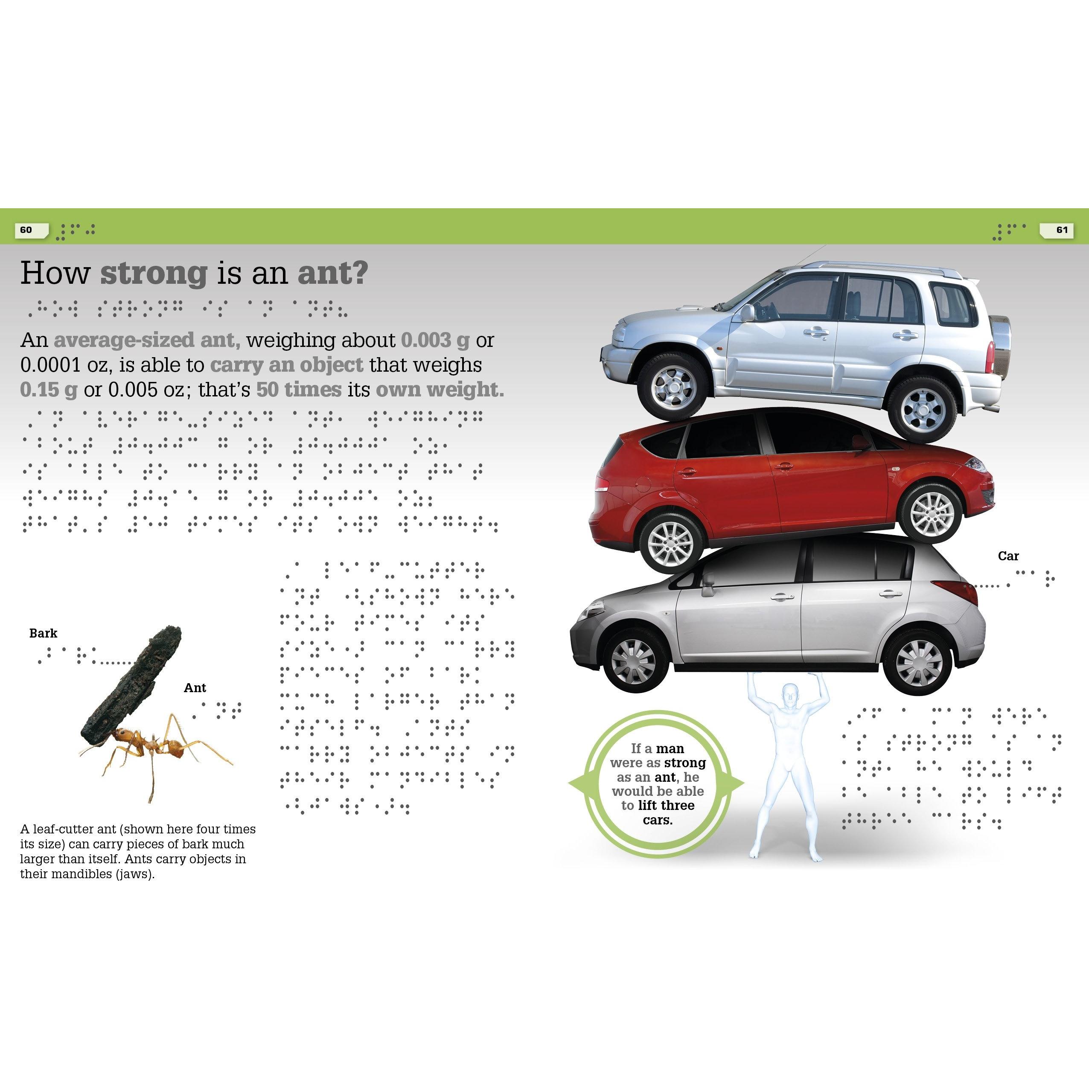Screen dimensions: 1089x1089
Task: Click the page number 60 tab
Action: point(27,230)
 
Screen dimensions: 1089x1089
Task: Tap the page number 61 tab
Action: point(1062,230)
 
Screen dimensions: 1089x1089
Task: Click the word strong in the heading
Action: point(154,274)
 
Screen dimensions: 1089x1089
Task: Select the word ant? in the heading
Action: point(332,274)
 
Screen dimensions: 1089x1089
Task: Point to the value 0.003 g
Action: point(434,341)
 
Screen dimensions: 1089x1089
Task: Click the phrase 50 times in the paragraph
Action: point(299,390)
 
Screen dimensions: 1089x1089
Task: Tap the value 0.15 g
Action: point(49,390)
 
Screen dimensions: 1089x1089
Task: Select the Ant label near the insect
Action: point(195,688)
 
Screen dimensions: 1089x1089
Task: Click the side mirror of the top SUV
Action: point(748,313)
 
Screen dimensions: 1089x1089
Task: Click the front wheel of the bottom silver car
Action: point(634,662)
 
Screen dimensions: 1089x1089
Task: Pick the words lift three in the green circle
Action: point(666,806)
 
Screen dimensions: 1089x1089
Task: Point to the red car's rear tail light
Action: point(599,485)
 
